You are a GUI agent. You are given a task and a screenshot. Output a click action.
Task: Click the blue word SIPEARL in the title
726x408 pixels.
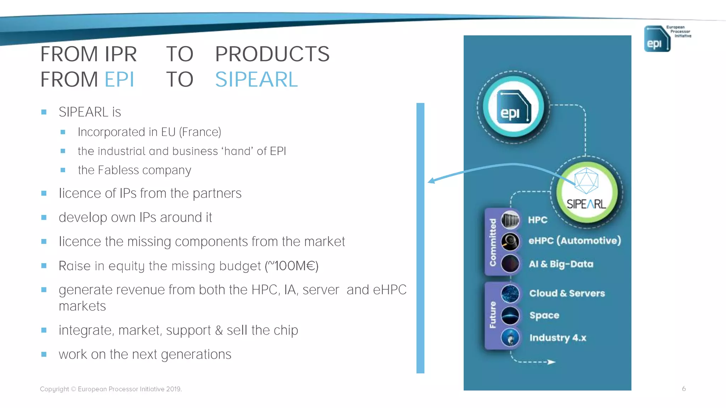(x=256, y=79)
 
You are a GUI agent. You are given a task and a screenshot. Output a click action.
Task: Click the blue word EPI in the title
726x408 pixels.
(x=119, y=79)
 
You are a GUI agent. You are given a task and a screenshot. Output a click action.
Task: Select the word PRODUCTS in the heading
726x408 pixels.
(x=272, y=54)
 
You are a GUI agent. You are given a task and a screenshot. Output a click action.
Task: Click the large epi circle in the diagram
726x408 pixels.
(x=513, y=107)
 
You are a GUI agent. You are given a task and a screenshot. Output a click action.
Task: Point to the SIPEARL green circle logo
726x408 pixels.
(x=587, y=192)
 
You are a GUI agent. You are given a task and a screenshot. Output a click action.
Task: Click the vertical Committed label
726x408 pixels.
(x=492, y=242)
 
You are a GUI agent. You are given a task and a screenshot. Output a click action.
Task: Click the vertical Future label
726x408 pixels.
(x=492, y=314)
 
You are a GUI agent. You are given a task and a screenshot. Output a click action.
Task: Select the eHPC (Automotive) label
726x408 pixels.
(x=575, y=240)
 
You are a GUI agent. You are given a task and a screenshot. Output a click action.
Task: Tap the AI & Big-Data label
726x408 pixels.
(x=561, y=264)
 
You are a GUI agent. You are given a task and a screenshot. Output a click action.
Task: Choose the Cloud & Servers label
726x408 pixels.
(x=567, y=293)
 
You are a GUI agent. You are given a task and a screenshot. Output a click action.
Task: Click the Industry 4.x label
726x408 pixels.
(x=558, y=338)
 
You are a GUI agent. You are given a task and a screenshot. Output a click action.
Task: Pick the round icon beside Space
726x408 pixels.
(x=510, y=316)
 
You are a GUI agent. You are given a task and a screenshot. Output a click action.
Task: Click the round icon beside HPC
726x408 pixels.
(x=510, y=220)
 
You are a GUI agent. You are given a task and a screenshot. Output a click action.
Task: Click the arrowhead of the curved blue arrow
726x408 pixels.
(x=431, y=181)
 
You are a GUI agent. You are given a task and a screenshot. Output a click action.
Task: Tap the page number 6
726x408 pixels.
(x=684, y=389)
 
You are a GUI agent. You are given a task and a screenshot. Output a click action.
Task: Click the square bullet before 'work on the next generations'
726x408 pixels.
(x=44, y=354)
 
